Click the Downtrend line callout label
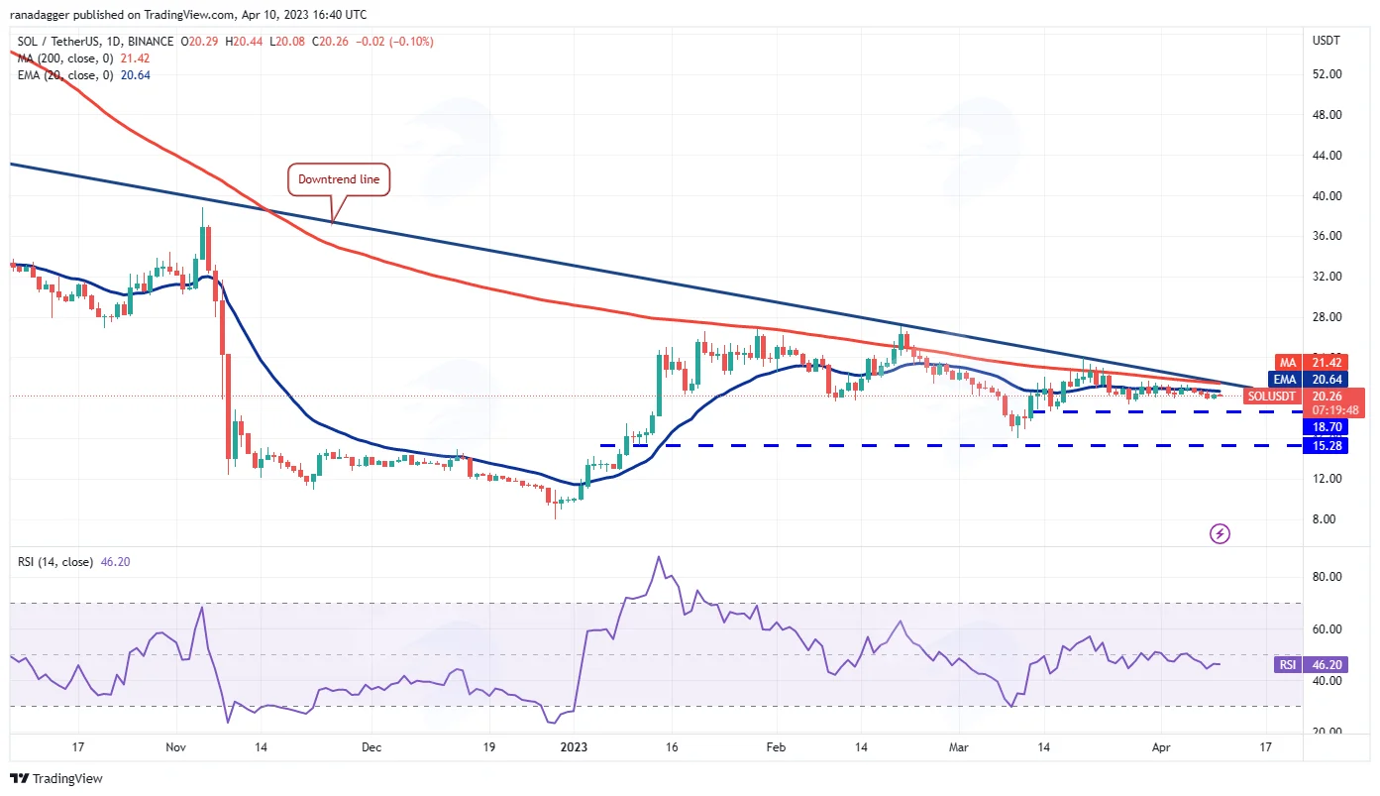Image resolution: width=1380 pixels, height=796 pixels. pos(339,179)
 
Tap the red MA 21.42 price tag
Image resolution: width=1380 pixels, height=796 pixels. pos(1311,363)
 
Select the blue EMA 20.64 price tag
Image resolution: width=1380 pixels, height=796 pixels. pos(1308,380)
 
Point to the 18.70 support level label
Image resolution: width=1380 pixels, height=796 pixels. pos(1326,426)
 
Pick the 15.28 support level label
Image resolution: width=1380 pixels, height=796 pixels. pos(1326,446)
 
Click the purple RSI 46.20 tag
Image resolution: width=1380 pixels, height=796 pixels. pos(1311,665)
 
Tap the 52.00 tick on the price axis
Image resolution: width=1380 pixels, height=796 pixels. pos(1327,74)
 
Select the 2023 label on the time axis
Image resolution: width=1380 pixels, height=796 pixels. pos(574,747)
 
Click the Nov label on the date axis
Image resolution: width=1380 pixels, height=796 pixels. pos(175,747)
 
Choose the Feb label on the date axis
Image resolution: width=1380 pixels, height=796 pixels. pos(776,747)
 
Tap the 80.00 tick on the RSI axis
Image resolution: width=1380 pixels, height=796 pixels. pos(1327,577)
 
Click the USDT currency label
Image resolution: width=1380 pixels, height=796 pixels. pos(1326,41)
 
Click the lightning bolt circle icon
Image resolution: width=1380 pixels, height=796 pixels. pos(1220,533)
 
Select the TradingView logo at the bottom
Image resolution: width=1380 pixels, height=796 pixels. pos(56,779)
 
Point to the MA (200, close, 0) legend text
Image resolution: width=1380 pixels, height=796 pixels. pos(65,58)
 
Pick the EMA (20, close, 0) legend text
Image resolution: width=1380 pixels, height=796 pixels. pos(65,75)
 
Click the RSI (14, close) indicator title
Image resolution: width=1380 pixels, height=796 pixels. pos(55,562)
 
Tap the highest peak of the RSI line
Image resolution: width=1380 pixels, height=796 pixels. pos(659,557)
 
